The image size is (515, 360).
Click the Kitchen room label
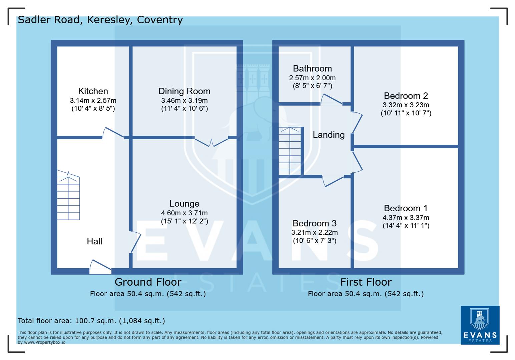tap(93, 91)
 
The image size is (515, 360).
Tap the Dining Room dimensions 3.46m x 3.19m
tap(184, 100)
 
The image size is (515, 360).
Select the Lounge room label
tap(184, 203)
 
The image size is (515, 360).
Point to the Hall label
tap(94, 241)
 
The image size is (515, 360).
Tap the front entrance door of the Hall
tap(100, 267)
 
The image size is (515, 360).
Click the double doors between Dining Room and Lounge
tap(211, 141)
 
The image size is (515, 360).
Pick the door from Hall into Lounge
tap(135, 242)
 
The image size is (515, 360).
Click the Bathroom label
tap(312, 68)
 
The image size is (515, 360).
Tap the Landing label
tap(329, 135)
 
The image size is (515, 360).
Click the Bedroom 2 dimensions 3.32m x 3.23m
tap(406, 105)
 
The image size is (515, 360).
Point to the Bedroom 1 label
tap(406, 208)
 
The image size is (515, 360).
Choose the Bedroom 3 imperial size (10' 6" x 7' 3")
tap(314, 241)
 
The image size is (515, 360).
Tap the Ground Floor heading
tap(148, 282)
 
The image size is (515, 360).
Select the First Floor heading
tap(366, 282)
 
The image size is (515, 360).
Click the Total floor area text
tap(91, 321)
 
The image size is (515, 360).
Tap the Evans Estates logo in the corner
tap(480, 325)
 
